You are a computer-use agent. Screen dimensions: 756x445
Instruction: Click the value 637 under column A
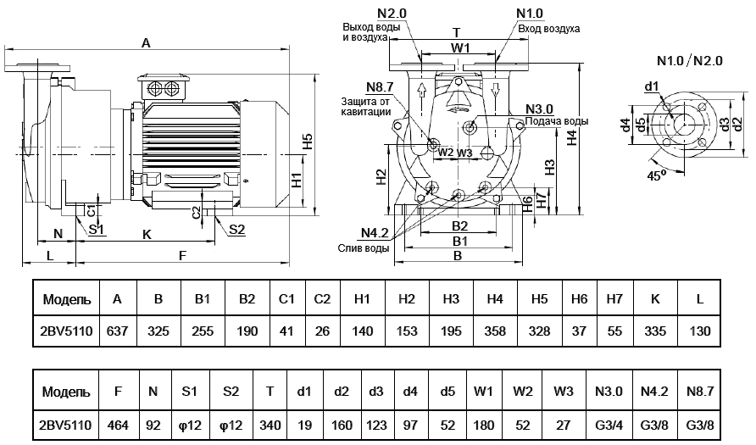click(117, 331)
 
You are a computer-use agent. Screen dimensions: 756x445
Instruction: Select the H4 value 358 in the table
click(495, 331)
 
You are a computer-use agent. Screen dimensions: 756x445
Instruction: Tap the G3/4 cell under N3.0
click(609, 426)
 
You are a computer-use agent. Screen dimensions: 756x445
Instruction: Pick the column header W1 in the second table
click(483, 392)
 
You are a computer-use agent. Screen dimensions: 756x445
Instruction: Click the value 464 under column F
click(118, 426)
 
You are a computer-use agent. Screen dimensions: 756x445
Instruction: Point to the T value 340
click(270, 426)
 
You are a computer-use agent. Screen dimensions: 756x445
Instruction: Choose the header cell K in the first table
click(655, 299)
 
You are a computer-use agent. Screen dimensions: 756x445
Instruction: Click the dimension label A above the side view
click(146, 43)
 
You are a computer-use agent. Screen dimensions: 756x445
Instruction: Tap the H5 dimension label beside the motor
click(308, 142)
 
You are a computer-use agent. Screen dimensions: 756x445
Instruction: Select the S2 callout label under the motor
click(236, 230)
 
